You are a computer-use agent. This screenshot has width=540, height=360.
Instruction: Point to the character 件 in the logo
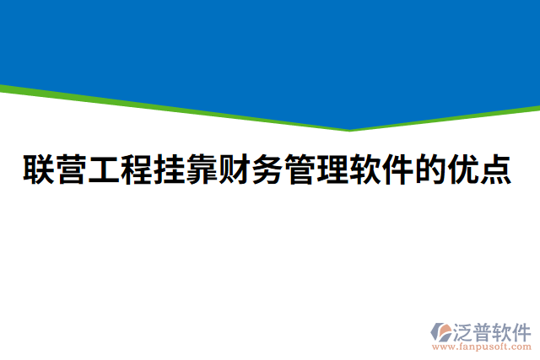pos(523,330)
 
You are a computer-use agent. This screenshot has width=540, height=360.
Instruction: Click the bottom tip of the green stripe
pos(349,131)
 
